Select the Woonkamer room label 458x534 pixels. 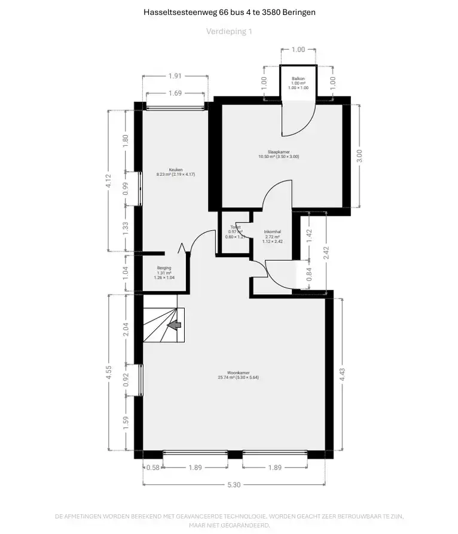coord(238,374)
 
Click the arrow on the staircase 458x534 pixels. coord(175,325)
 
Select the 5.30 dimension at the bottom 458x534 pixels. coord(234,485)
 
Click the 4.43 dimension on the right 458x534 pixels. coord(342,374)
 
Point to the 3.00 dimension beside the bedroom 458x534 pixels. coord(359,154)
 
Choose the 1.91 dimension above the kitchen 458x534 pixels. coord(175,76)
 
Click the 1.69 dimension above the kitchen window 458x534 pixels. coord(175,93)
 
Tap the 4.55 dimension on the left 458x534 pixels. coord(108,373)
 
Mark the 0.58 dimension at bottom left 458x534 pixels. coord(152,468)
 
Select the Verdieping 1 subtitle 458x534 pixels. coord(229,31)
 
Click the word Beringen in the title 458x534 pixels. coord(296,12)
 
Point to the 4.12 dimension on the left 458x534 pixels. coord(108,181)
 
